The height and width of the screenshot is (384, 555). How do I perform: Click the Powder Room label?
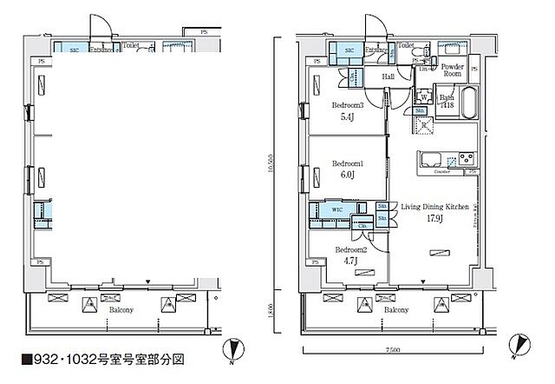click(x=453, y=71)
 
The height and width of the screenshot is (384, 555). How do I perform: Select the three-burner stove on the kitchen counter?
click(x=464, y=159)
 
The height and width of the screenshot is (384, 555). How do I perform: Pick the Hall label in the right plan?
click(x=389, y=76)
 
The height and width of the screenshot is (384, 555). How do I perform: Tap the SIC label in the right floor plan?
click(x=349, y=52)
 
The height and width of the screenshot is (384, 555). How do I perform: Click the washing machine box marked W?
click(x=423, y=97)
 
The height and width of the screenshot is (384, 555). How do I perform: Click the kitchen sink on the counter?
click(x=432, y=159)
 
